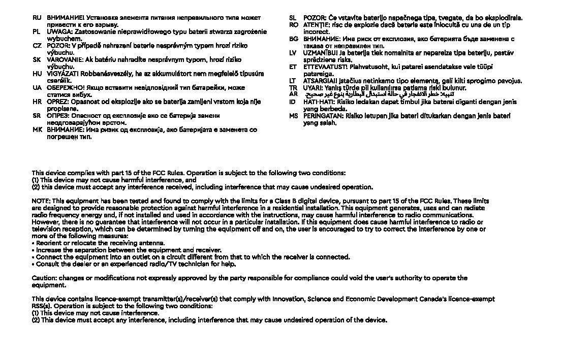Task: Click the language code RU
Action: point(37,18)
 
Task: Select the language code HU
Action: point(37,74)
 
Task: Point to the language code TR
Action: point(293,88)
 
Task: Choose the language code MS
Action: point(293,116)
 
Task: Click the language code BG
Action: point(293,39)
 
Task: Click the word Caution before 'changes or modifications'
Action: point(44,278)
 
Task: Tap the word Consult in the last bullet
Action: point(48,264)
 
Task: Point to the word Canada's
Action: point(433,299)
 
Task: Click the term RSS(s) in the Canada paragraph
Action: point(41,306)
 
